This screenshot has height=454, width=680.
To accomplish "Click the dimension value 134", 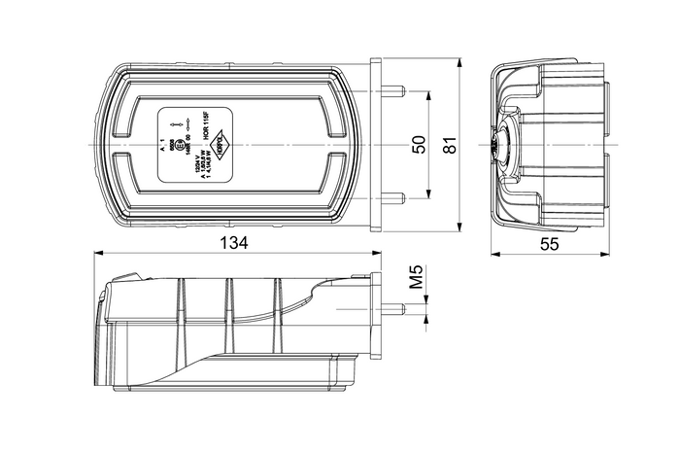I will pos(234,243).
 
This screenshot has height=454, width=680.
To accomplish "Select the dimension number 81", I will pos(448,145).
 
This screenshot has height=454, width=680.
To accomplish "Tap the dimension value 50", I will pos(418,145).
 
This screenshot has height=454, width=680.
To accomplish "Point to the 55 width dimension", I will pos(550,245).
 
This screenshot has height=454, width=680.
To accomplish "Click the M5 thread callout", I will pos(415,279).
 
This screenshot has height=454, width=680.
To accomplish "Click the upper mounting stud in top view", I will pos(391,92).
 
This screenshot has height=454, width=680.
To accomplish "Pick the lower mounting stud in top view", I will pos(391,197).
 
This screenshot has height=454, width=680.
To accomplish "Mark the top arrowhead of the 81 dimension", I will pos(459,60).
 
